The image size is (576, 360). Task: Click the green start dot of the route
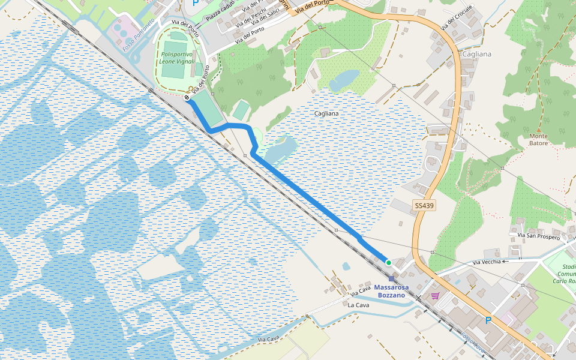pos(388,262)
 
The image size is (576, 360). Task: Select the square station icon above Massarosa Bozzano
pos(392,278)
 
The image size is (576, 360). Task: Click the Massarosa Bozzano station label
pos(391,291)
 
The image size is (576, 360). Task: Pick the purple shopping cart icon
pos(435,295)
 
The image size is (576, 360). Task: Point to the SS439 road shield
pos(424,206)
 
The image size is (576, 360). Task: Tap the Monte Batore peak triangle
pos(538,129)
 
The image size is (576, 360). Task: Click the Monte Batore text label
pos(538,139)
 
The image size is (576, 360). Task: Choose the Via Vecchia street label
pos(487,262)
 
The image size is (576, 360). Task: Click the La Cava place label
pos(358,305)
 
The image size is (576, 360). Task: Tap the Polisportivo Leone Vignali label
pos(177,58)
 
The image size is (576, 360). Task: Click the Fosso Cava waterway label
pos(473,343)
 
